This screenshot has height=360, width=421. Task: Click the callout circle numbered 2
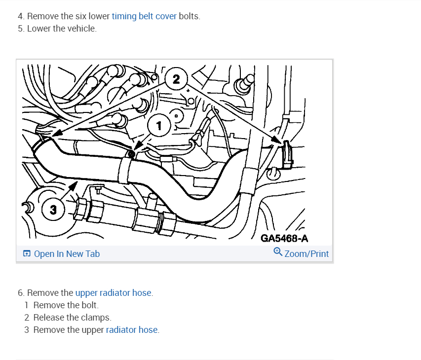[177, 78]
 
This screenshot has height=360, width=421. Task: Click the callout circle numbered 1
[158, 126]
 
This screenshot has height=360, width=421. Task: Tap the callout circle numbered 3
[53, 210]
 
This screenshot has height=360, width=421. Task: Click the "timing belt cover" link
[144, 16]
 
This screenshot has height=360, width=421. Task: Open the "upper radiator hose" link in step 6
[114, 293]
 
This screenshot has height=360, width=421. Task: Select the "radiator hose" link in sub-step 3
[132, 330]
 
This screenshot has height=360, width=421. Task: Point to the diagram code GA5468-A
[284, 239]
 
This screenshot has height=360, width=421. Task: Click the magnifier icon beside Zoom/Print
[278, 252]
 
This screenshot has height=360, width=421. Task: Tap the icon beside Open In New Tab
[27, 254]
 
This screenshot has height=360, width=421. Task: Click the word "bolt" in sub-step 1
[90, 305]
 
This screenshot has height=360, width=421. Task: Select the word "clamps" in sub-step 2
[97, 318]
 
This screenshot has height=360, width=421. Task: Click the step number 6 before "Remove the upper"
[20, 293]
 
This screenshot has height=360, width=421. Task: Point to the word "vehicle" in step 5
[82, 29]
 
